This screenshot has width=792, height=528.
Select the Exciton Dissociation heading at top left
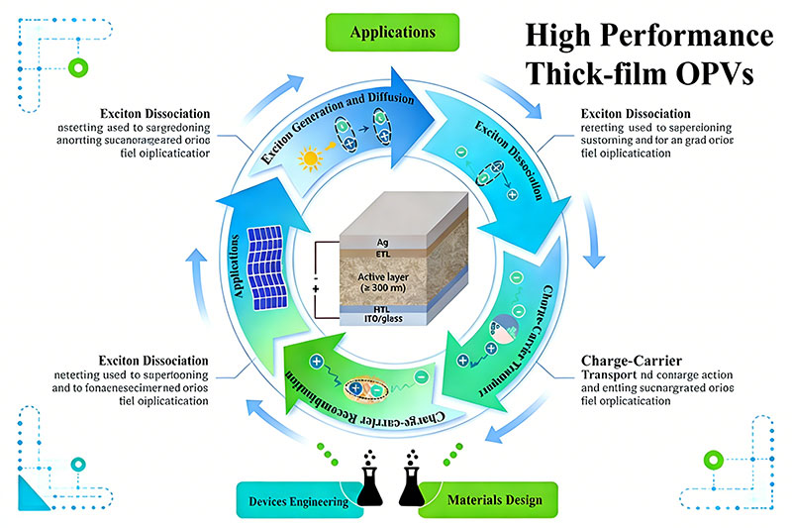(x=152, y=111)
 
